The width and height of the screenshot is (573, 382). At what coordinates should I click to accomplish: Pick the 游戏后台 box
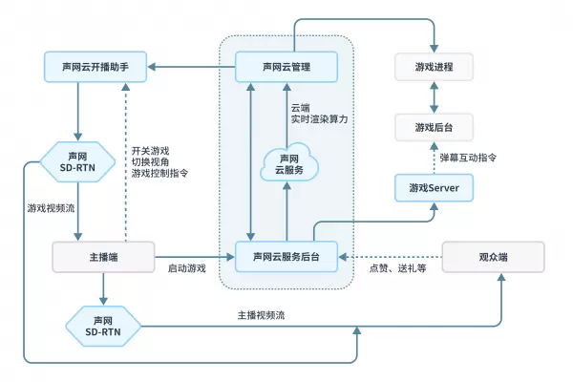click(x=435, y=126)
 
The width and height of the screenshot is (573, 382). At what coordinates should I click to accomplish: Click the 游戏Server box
click(x=435, y=187)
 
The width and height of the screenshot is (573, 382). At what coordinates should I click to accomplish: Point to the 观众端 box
click(x=494, y=256)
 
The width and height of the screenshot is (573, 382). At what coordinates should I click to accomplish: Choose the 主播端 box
click(x=102, y=256)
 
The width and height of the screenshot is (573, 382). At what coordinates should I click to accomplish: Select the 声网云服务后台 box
click(x=286, y=256)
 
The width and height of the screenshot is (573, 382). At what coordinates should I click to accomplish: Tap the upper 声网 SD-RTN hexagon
click(x=80, y=161)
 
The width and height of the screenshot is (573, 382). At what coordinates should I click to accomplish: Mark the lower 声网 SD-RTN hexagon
click(x=103, y=327)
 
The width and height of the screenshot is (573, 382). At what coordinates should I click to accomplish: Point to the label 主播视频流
click(x=261, y=315)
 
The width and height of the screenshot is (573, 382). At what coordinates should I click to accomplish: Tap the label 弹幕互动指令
click(x=468, y=157)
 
